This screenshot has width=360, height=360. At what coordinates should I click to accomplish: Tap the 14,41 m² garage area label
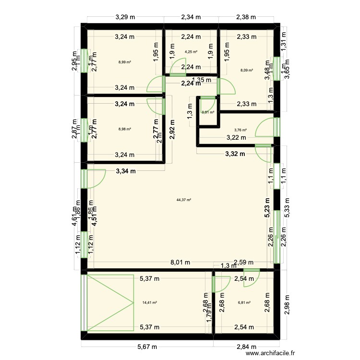coord(150,302)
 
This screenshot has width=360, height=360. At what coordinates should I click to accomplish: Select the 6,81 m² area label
coord(245,302)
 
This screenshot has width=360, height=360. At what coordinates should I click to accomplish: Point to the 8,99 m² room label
coord(125,62)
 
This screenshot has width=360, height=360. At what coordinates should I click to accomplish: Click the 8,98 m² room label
coord(125,129)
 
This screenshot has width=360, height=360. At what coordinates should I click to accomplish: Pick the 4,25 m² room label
coord(191,52)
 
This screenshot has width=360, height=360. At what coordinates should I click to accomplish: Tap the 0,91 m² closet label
coord(208,112)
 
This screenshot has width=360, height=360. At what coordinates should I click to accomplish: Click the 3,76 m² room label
coord(240,130)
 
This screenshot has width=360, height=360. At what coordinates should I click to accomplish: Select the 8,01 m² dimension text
coord(180,263)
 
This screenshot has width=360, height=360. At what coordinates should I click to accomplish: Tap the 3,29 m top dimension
coord(125,17)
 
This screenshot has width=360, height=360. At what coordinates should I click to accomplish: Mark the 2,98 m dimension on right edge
coord(287,305)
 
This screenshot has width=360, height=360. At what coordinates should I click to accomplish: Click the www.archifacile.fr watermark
coord(271,354)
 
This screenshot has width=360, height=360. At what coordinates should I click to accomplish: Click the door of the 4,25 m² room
coord(178,67)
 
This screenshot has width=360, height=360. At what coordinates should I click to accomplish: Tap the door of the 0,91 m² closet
coord(207,102)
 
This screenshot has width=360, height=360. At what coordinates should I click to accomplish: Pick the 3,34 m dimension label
coord(126,170)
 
